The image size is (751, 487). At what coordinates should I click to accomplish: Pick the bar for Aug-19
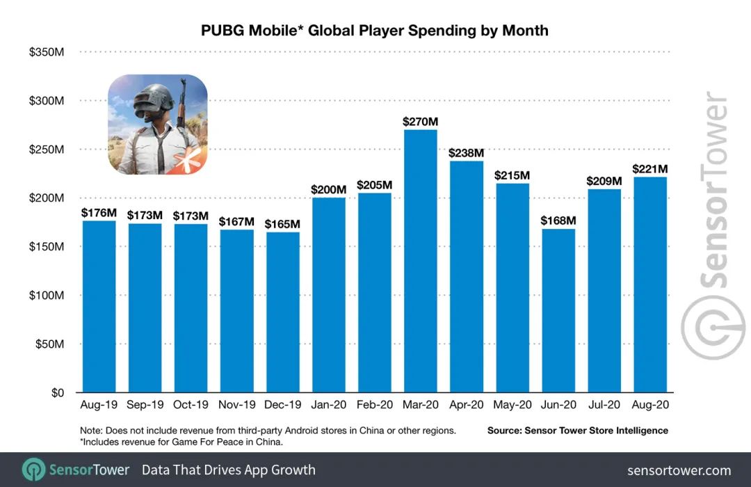[x=99, y=306]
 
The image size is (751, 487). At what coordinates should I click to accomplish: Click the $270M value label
[x=421, y=122]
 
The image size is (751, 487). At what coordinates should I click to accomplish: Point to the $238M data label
[x=467, y=152]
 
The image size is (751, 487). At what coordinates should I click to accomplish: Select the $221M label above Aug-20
[x=650, y=168]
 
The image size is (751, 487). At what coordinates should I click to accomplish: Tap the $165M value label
[x=283, y=224]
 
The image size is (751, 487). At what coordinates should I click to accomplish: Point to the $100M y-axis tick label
[x=47, y=295]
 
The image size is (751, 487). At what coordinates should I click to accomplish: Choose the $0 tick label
[x=57, y=392]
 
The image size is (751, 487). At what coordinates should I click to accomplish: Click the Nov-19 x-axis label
[x=237, y=405]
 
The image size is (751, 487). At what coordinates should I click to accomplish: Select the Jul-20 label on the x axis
[x=604, y=405]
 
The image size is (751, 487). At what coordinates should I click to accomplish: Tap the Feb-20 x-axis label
[x=375, y=405]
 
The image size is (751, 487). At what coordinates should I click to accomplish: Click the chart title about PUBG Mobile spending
[x=375, y=31]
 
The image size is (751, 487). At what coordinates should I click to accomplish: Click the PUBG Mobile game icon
[x=157, y=125]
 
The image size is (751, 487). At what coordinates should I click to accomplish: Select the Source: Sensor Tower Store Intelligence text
[x=578, y=431]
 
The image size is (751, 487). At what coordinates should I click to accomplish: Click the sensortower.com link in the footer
[x=679, y=470]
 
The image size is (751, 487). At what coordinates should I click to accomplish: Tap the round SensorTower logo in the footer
[x=33, y=470]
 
